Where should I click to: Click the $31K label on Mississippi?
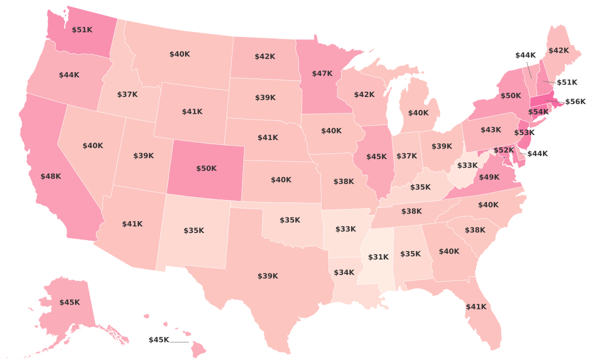point(378,257)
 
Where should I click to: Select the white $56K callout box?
point(575,101)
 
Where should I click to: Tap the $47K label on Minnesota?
point(322,73)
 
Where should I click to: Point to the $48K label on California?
point(50,176)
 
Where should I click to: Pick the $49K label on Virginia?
point(489,177)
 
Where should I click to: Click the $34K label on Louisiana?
point(344,272)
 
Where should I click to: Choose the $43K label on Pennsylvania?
point(490,130)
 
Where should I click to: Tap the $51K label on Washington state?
point(82,30)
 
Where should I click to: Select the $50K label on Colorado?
point(206,168)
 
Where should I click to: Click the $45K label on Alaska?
point(69,302)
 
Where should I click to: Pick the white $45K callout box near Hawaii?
point(159,340)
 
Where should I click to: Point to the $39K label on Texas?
point(267,276)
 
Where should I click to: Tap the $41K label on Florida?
point(475,307)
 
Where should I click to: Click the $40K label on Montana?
point(179,54)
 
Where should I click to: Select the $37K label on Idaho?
point(127,94)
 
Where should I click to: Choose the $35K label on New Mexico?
point(193,230)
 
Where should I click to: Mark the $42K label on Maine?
point(558,50)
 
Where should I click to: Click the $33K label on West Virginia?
point(467,165)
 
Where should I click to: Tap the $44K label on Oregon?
point(69,75)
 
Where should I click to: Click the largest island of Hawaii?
point(198,350)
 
